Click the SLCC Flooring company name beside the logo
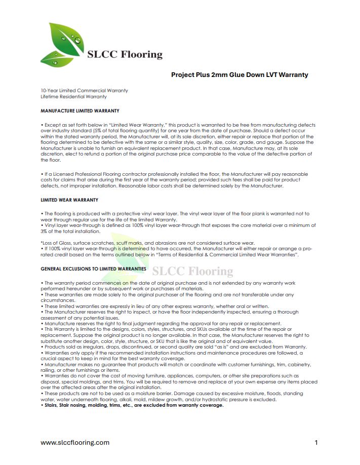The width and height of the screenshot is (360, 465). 125,54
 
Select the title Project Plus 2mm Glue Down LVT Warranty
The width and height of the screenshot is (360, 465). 239,74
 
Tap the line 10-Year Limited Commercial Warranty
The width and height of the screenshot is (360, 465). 84,91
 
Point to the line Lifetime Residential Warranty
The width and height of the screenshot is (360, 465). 73,96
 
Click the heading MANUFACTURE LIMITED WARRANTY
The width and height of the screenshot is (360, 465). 80,110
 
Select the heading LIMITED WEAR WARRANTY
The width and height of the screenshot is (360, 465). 69,200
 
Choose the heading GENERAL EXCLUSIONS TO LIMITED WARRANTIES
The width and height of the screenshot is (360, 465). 94,269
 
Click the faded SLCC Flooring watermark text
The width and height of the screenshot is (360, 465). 192,272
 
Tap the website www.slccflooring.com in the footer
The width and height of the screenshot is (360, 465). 75,442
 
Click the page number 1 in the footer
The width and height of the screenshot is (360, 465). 316,442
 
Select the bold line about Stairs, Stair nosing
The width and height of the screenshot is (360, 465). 132,405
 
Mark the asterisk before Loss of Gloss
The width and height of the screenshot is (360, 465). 42,243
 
